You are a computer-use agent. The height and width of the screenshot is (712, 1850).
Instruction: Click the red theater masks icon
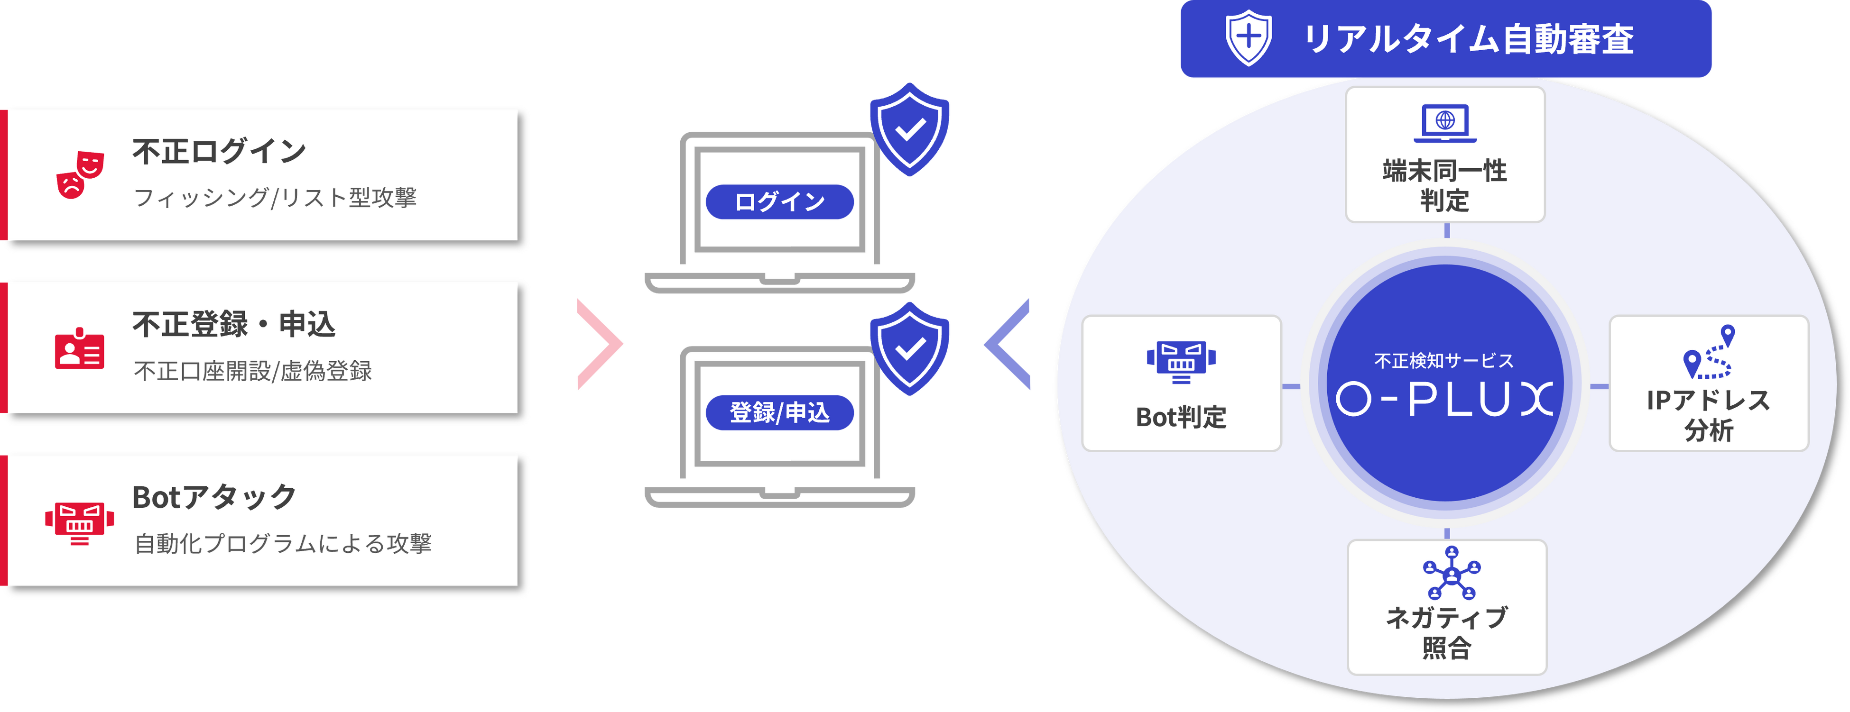[x=80, y=174]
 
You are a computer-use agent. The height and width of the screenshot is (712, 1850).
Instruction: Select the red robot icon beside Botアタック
[x=79, y=522]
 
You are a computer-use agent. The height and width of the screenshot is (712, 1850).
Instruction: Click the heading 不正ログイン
[x=219, y=151]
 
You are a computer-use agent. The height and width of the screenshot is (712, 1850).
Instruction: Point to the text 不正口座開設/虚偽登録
[x=253, y=371]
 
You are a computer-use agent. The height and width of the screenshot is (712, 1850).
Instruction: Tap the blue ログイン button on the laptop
[x=779, y=201]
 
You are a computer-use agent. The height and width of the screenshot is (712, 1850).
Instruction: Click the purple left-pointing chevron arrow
[x=1008, y=345]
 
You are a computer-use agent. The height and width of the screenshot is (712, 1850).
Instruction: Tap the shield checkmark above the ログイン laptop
[x=909, y=129]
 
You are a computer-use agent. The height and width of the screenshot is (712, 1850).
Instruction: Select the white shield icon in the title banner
[x=1248, y=38]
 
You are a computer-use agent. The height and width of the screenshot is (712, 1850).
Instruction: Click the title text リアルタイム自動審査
[x=1468, y=39]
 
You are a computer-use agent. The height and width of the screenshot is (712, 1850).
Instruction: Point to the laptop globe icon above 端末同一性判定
[x=1445, y=123]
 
